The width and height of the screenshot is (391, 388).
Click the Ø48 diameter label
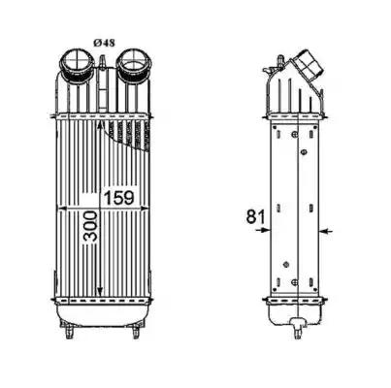(104, 43)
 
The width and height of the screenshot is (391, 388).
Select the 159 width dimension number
(118, 198)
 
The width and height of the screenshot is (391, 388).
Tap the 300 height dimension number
(90, 226)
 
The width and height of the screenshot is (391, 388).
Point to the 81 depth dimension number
(255, 216)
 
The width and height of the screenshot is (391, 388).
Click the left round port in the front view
(77, 64)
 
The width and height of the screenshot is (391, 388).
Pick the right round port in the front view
(133, 63)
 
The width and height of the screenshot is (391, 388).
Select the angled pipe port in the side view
(307, 67)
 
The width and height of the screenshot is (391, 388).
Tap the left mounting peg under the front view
(69, 331)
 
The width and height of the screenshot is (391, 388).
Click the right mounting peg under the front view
(136, 331)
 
